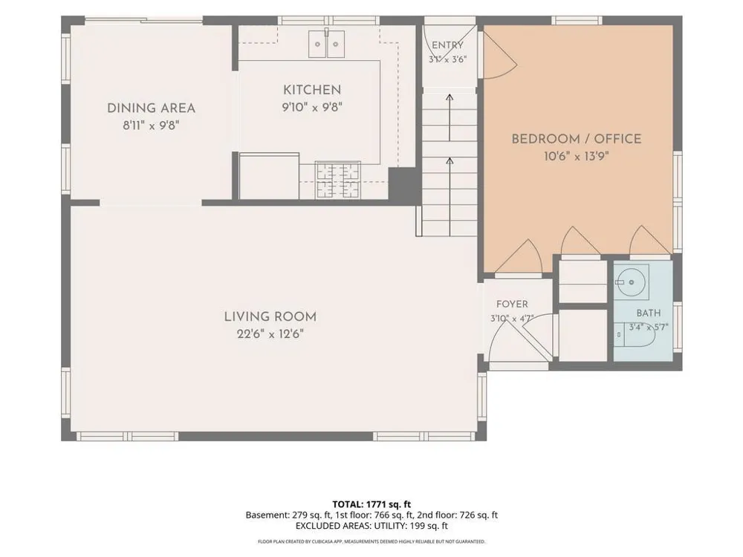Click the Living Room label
coord(270,316)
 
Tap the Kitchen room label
coord(312,90)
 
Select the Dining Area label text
coord(151,108)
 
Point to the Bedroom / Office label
coord(577,139)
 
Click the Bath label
coord(648,313)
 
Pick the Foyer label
coord(512,304)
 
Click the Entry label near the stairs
coord(447,45)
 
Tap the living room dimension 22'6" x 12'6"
coord(270,334)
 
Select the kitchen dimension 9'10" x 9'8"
coord(312,107)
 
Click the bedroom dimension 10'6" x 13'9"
coord(577,156)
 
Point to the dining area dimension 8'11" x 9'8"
coord(151,126)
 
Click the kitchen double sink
coord(326,44)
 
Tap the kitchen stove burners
coord(338,180)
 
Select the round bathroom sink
coord(631,282)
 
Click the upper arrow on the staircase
coord(450,117)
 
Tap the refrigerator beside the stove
coord(269,176)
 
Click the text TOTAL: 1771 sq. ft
coord(371,504)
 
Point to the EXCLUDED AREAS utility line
coord(371,526)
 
